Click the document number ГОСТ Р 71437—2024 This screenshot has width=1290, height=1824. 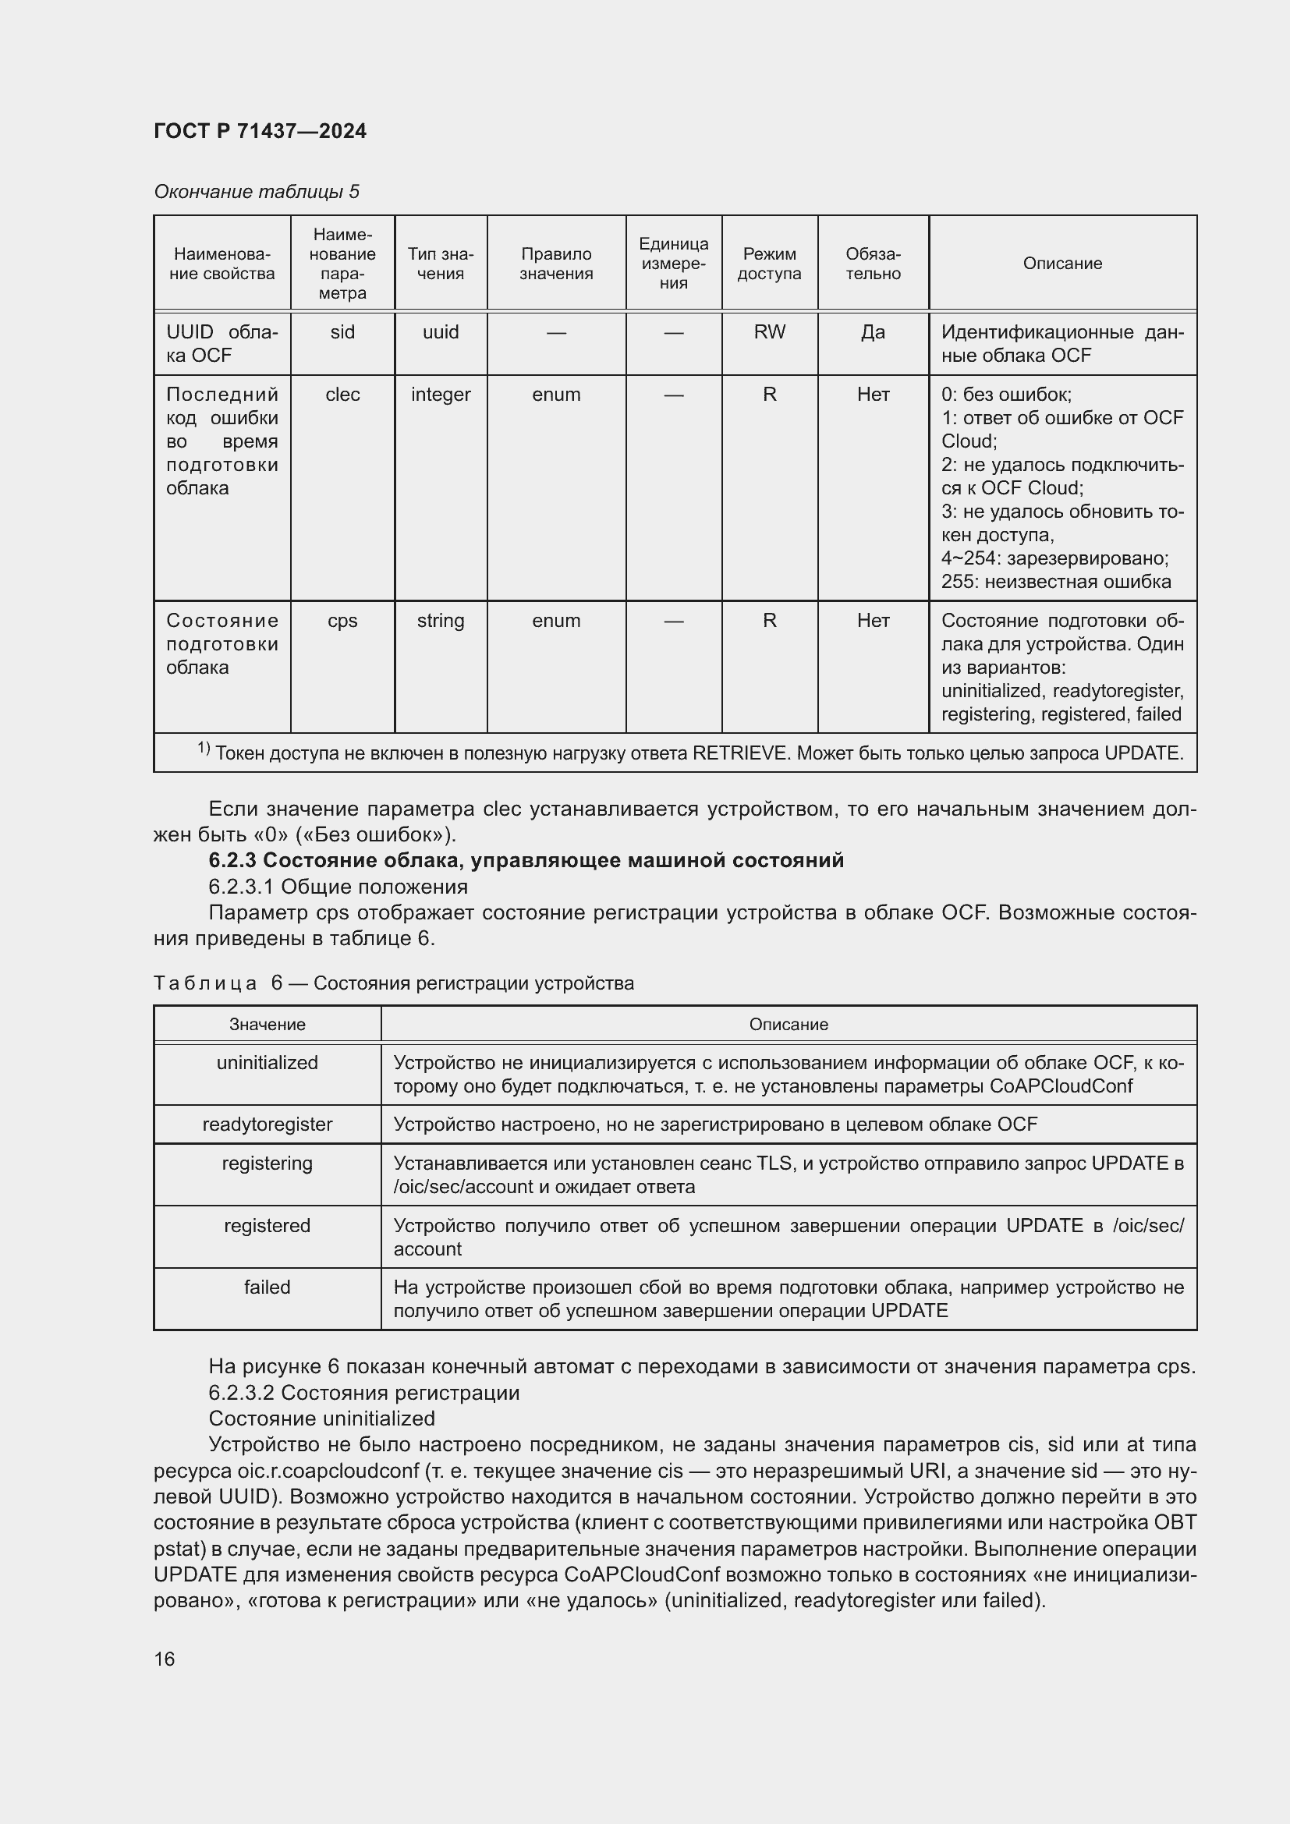(260, 131)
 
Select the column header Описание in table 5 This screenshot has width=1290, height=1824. (1062, 263)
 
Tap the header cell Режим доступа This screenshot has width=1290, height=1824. (769, 263)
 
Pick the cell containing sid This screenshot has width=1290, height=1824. (342, 332)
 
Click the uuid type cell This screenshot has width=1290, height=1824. (440, 332)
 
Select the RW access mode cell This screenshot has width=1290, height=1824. (769, 332)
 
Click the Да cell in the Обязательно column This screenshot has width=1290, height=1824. (872, 332)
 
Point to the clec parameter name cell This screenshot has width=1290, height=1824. (342, 395)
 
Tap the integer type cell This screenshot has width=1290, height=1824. (440, 395)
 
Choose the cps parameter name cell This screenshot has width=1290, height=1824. (342, 621)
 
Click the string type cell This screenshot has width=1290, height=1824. (440, 621)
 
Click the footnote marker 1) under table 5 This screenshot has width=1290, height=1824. (204, 749)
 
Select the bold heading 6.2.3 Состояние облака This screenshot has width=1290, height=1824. (526, 860)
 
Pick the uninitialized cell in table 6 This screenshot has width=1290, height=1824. (267, 1063)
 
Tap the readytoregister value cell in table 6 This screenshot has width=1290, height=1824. (267, 1125)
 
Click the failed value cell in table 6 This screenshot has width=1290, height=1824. (267, 1287)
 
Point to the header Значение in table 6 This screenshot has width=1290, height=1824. (267, 1025)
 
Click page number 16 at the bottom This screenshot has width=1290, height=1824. (165, 1659)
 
